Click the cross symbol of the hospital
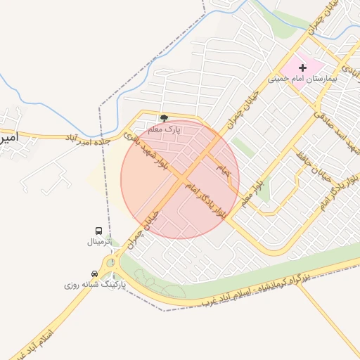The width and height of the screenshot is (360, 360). click(x=303, y=68)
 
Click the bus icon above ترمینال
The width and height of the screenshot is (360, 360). click(x=98, y=231)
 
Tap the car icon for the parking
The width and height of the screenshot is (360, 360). click(x=94, y=274)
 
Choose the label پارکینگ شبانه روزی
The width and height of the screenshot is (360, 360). click(x=94, y=285)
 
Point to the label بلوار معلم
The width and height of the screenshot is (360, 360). click(x=253, y=192)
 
